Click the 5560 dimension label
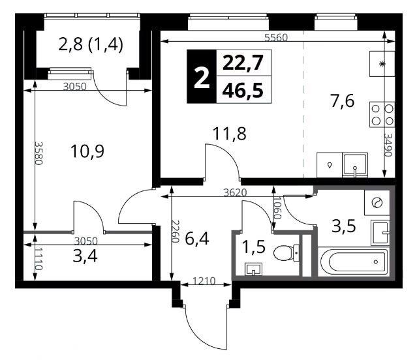point(276,38)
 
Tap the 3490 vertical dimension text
point(388,145)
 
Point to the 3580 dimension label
point(39,153)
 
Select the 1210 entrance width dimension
point(204,280)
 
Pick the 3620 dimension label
point(235,192)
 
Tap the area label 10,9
point(87,151)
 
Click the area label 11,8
point(230,134)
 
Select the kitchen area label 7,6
point(342,101)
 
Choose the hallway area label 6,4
point(197,239)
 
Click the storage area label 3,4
point(85,256)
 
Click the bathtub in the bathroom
point(354,262)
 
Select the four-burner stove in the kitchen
point(382,115)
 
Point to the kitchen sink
point(355,165)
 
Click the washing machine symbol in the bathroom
point(377,203)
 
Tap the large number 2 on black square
point(202,76)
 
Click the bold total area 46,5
point(243,91)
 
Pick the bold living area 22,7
point(243,63)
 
